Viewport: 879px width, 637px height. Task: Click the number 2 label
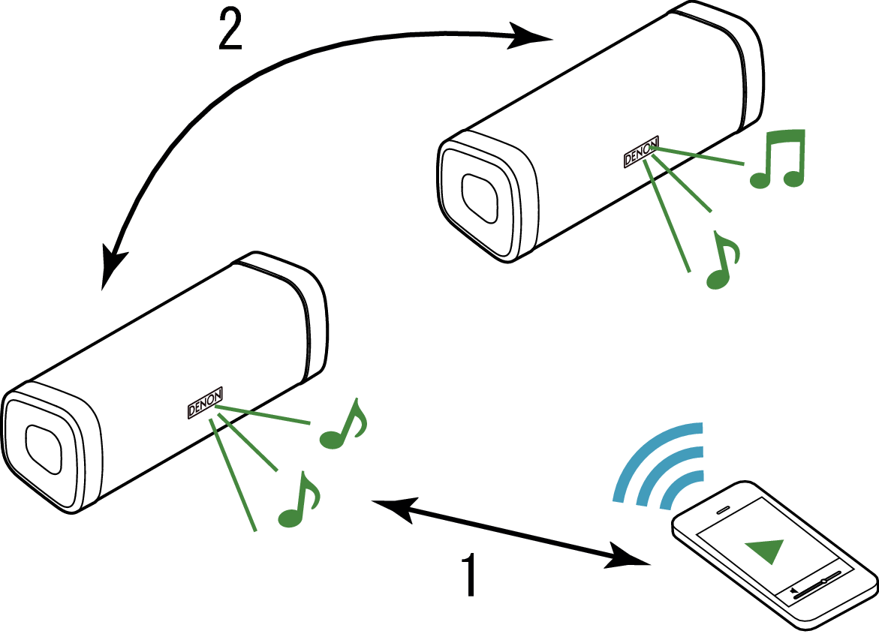(230, 29)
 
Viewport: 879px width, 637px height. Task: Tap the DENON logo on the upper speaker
(641, 152)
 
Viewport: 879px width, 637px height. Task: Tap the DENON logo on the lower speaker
(205, 403)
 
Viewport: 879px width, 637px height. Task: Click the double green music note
(778, 158)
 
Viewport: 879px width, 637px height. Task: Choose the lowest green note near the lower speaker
(300, 500)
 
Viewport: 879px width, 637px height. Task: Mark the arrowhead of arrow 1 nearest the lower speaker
(396, 509)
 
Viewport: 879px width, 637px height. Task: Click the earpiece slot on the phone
(723, 510)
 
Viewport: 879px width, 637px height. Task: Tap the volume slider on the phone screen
(817, 585)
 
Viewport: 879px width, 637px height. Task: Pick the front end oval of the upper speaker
(480, 199)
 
